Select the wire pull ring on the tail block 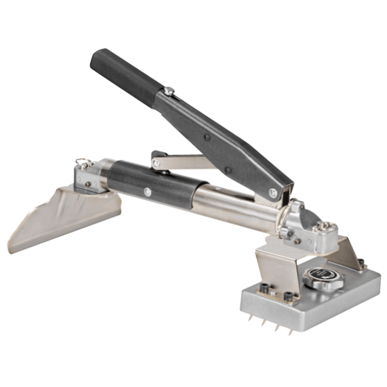[x=83, y=161]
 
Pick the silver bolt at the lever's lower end [x=273, y=192]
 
